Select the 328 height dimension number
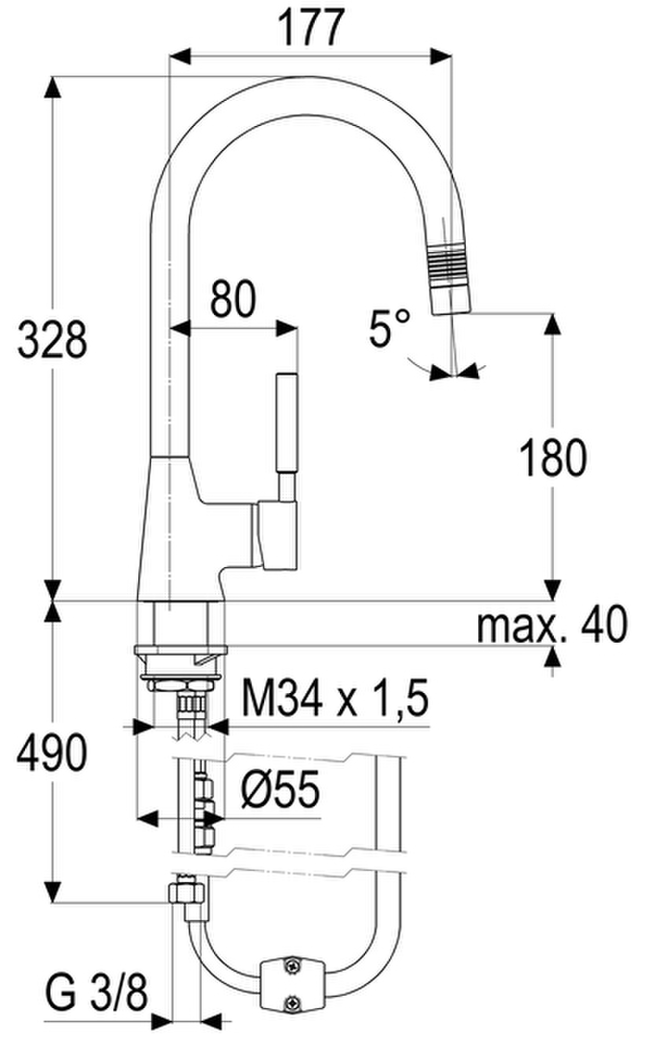(52, 339)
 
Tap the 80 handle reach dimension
(233, 299)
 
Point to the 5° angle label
(390, 329)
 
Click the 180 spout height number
(553, 457)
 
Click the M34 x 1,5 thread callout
(335, 698)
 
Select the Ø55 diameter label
(279, 788)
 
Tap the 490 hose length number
(52, 753)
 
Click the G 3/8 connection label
(97, 990)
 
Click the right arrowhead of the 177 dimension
(441, 57)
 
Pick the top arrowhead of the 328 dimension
(53, 88)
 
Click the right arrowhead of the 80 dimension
(286, 328)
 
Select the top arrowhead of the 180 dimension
(552, 325)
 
